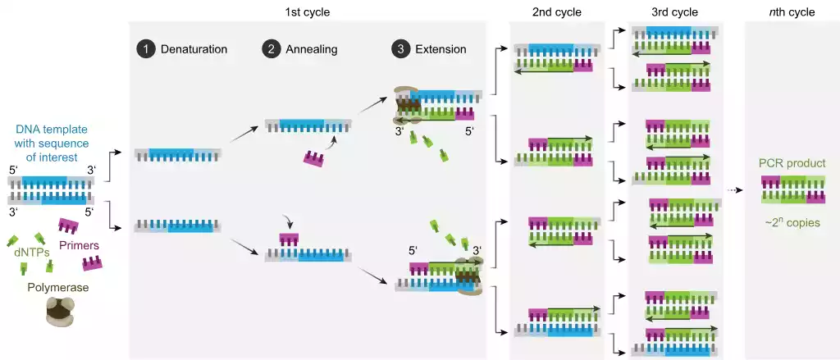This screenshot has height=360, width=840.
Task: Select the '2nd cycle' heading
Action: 557,12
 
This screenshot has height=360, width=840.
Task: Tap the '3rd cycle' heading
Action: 674,12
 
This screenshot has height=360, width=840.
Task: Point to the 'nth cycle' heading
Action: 791,12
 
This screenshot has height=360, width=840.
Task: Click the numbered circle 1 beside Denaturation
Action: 145,49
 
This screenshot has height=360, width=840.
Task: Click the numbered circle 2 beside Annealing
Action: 271,49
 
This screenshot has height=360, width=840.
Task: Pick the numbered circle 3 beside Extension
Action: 399,49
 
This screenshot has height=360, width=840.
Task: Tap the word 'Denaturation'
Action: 193,49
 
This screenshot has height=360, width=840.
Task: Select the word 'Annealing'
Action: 311,49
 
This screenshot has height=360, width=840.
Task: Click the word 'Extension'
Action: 441,49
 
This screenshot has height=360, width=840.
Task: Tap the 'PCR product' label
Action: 792,165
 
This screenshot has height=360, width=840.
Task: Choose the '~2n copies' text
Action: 792,221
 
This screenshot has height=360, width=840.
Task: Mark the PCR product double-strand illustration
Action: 792,191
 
